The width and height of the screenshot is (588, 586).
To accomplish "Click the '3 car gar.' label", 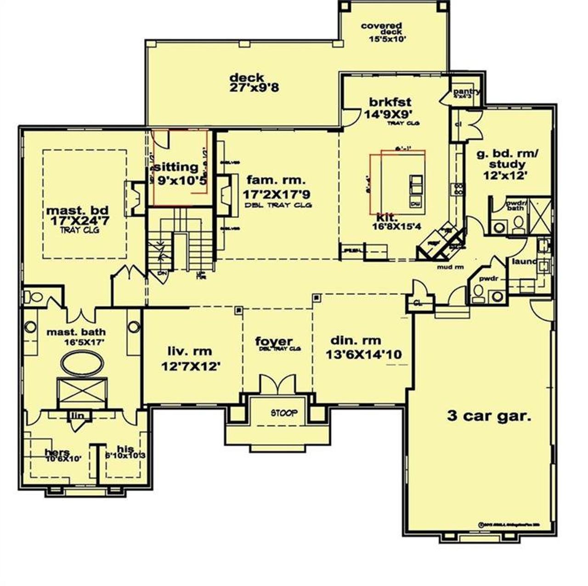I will click(x=489, y=416).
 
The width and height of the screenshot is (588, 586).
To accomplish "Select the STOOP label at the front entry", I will click(x=283, y=413).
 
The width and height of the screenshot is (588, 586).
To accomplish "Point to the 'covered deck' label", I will click(x=381, y=28).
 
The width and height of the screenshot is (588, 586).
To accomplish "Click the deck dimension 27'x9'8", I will click(x=254, y=87).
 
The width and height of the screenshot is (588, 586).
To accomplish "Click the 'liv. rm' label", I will click(x=190, y=352).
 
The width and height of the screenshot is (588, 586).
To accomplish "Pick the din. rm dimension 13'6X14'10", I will click(x=364, y=354).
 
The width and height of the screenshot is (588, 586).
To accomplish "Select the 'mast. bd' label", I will click(x=78, y=210).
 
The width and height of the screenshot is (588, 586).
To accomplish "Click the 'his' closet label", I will click(x=125, y=449).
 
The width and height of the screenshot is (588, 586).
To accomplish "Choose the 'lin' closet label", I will click(x=77, y=415).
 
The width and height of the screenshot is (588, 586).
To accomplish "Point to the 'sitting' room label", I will click(x=176, y=167).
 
